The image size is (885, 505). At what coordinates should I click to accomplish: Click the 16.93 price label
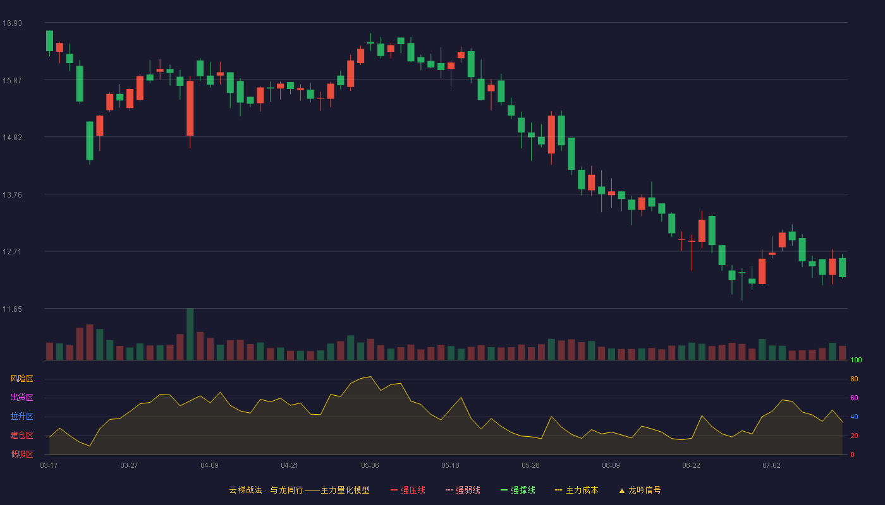[12, 23]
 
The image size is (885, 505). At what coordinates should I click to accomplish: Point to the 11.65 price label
[12, 309]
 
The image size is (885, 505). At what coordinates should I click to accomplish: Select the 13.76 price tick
[12, 195]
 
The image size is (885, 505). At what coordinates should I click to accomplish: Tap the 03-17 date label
[49, 466]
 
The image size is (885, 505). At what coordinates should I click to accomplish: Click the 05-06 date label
[370, 466]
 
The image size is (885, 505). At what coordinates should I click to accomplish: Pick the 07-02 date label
[771, 466]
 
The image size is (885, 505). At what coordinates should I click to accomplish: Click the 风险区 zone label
[21, 379]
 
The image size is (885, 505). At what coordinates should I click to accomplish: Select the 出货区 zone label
[21, 397]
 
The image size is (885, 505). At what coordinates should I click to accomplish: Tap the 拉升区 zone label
[21, 416]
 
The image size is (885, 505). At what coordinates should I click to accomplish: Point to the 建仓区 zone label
[21, 435]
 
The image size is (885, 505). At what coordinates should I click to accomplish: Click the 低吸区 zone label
[21, 454]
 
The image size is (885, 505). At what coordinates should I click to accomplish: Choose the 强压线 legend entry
[408, 490]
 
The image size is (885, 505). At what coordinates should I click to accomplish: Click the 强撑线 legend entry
[518, 490]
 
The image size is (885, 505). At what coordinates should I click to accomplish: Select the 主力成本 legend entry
[577, 490]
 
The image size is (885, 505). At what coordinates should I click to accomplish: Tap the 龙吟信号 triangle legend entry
[640, 490]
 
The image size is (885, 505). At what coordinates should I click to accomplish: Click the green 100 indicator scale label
[856, 360]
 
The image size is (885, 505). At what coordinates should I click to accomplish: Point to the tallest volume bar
[190, 334]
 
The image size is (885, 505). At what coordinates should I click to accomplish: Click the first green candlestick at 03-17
[49, 41]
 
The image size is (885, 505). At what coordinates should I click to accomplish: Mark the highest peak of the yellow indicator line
[370, 377]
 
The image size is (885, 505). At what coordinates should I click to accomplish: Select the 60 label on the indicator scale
[854, 398]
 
